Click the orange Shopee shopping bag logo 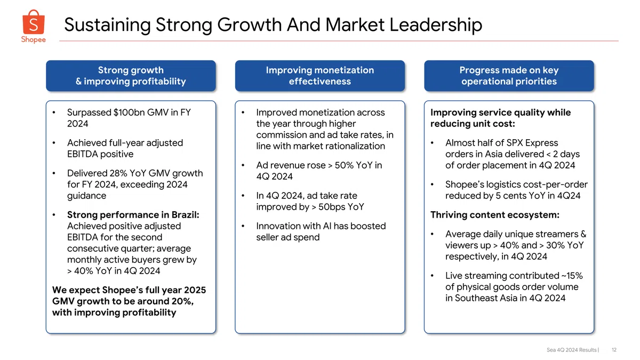[x=34, y=22]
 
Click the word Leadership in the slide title [x=436, y=25]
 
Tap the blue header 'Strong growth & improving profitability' [x=131, y=76]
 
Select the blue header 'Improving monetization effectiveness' [x=319, y=76]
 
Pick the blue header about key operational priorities [x=509, y=76]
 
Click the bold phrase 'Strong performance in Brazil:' [x=133, y=215]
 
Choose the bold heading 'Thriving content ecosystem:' [x=495, y=215]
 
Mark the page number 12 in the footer [x=614, y=350]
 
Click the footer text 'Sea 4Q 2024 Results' [x=571, y=350]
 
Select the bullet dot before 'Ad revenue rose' [x=243, y=165]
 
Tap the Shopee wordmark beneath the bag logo [x=34, y=39]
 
